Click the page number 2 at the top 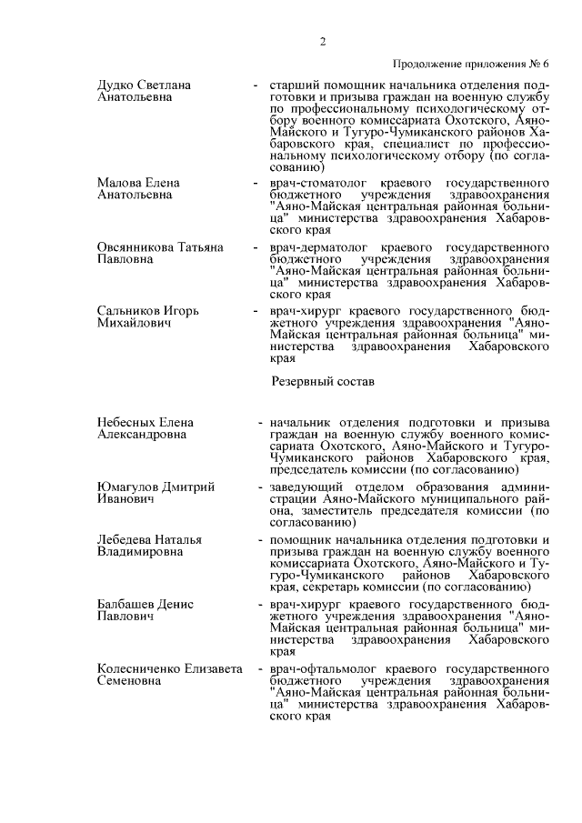point(323,41)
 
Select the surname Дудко point(117,85)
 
